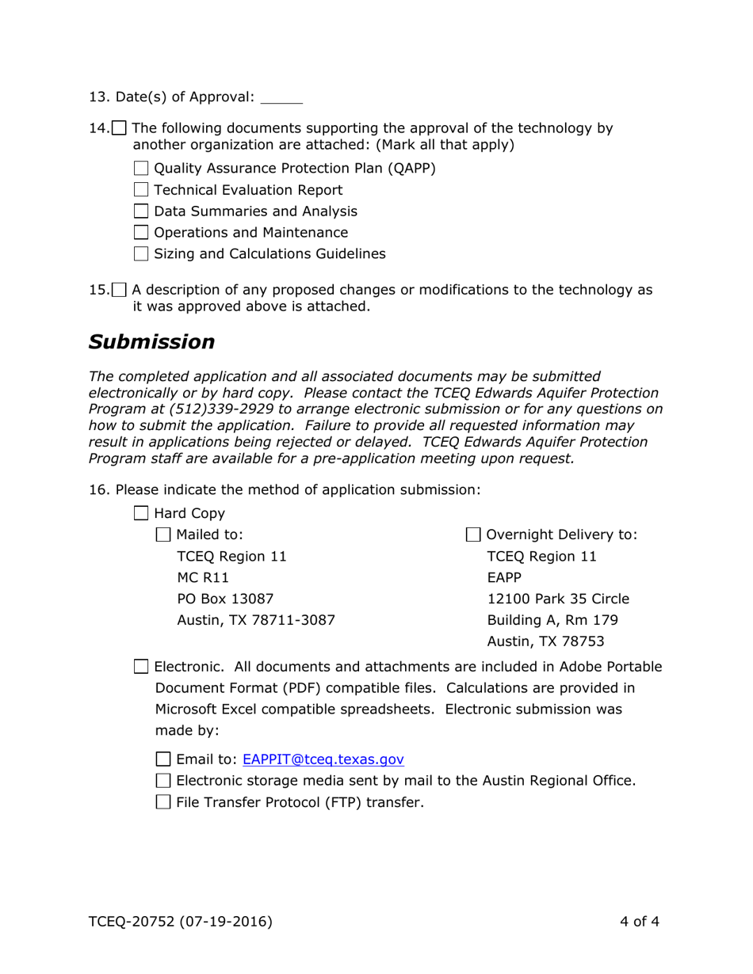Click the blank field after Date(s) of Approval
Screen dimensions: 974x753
(281, 99)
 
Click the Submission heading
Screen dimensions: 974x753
(151, 341)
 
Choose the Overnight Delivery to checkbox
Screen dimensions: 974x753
(473, 535)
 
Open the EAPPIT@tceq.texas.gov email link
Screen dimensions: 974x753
(323, 759)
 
